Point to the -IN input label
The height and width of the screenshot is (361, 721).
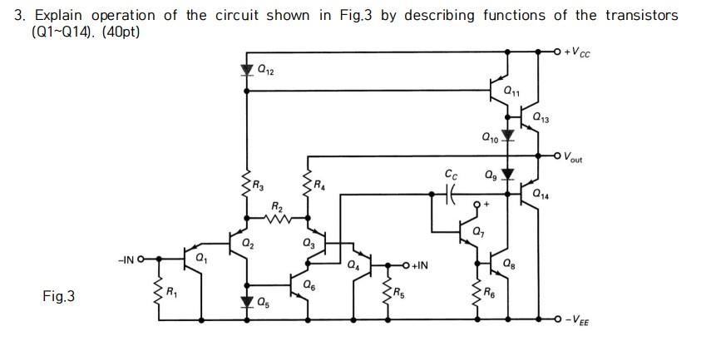pyautogui.click(x=127, y=261)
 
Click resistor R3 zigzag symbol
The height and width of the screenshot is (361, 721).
pyautogui.click(x=246, y=185)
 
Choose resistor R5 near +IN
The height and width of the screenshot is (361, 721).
pyautogui.click(x=385, y=292)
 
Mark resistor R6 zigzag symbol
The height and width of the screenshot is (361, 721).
pyautogui.click(x=477, y=292)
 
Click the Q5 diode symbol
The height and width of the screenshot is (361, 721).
pyautogui.click(x=246, y=301)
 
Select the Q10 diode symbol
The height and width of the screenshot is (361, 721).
pyautogui.click(x=508, y=134)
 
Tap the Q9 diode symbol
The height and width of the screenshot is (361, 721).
pyautogui.click(x=508, y=175)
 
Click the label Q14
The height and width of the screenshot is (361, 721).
pyautogui.click(x=541, y=195)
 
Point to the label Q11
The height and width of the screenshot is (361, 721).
pyautogui.click(x=513, y=91)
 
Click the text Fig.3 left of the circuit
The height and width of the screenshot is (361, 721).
pyautogui.click(x=58, y=295)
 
